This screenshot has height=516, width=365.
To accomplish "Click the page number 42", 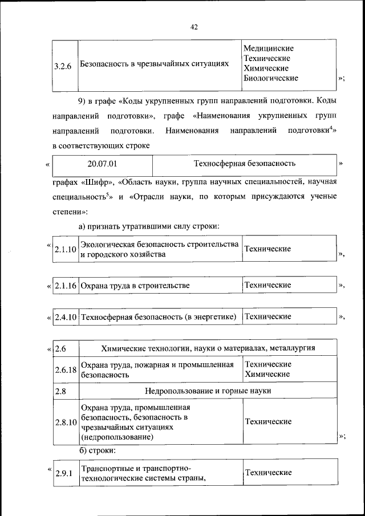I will coord(194,27).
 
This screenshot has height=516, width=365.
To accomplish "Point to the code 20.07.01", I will coord(103,164).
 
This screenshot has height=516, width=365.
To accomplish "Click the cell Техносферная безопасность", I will coord(245,164).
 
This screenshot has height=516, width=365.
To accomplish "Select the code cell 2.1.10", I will coord(65,250).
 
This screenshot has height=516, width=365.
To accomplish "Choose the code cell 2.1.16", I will coord(65,285).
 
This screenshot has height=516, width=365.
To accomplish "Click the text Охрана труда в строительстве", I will coord(135,285).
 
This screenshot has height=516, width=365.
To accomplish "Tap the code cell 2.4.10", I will coord(65,316).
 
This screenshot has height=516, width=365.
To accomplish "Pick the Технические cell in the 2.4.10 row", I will coord(268,316).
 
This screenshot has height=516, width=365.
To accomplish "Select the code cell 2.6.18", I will coord(66,369).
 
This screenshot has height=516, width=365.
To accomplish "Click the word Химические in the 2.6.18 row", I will coord(267,375).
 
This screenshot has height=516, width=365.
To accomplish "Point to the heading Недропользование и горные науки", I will coord(208,391).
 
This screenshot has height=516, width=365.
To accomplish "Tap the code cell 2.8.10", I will coord(66,422).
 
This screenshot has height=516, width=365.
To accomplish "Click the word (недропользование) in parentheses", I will coord(116,437).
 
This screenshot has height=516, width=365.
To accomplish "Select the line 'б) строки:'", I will coord(97,450).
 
